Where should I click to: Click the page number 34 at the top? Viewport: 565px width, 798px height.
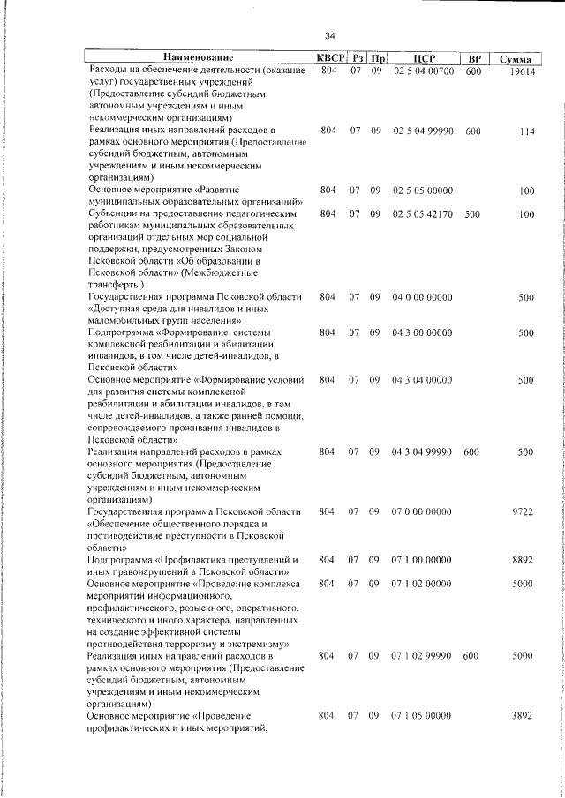(329, 36)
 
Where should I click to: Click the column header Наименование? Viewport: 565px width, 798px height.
(199, 58)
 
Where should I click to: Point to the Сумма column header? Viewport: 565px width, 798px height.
(515, 59)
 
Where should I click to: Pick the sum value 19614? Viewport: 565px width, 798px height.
(522, 71)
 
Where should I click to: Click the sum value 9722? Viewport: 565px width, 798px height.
(524, 511)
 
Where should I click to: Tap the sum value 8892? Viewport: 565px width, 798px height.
(524, 559)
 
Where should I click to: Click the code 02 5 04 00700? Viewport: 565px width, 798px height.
(423, 71)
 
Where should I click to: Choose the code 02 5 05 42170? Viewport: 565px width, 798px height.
(423, 213)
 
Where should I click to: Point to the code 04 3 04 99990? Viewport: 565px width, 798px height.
(423, 451)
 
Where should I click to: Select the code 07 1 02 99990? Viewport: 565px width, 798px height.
(423, 656)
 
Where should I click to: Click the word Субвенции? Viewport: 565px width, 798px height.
(112, 213)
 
